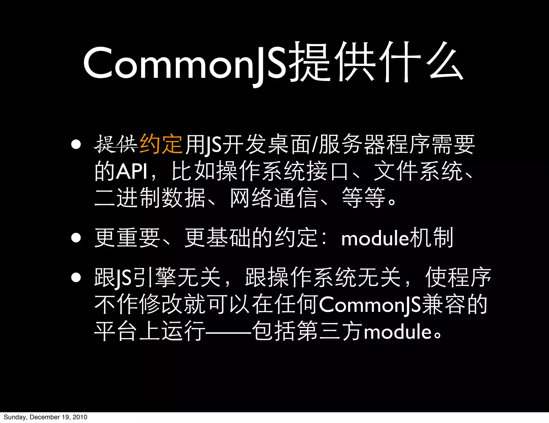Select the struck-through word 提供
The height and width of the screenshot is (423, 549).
116,144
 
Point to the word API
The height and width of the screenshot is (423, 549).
132,171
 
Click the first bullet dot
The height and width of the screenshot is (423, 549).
76,144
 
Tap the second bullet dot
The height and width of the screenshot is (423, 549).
76,238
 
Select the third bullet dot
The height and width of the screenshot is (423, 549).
76,278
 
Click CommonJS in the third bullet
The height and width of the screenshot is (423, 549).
370,305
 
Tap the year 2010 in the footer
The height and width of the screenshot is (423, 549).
80,417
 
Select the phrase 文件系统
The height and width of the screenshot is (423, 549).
418,171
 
